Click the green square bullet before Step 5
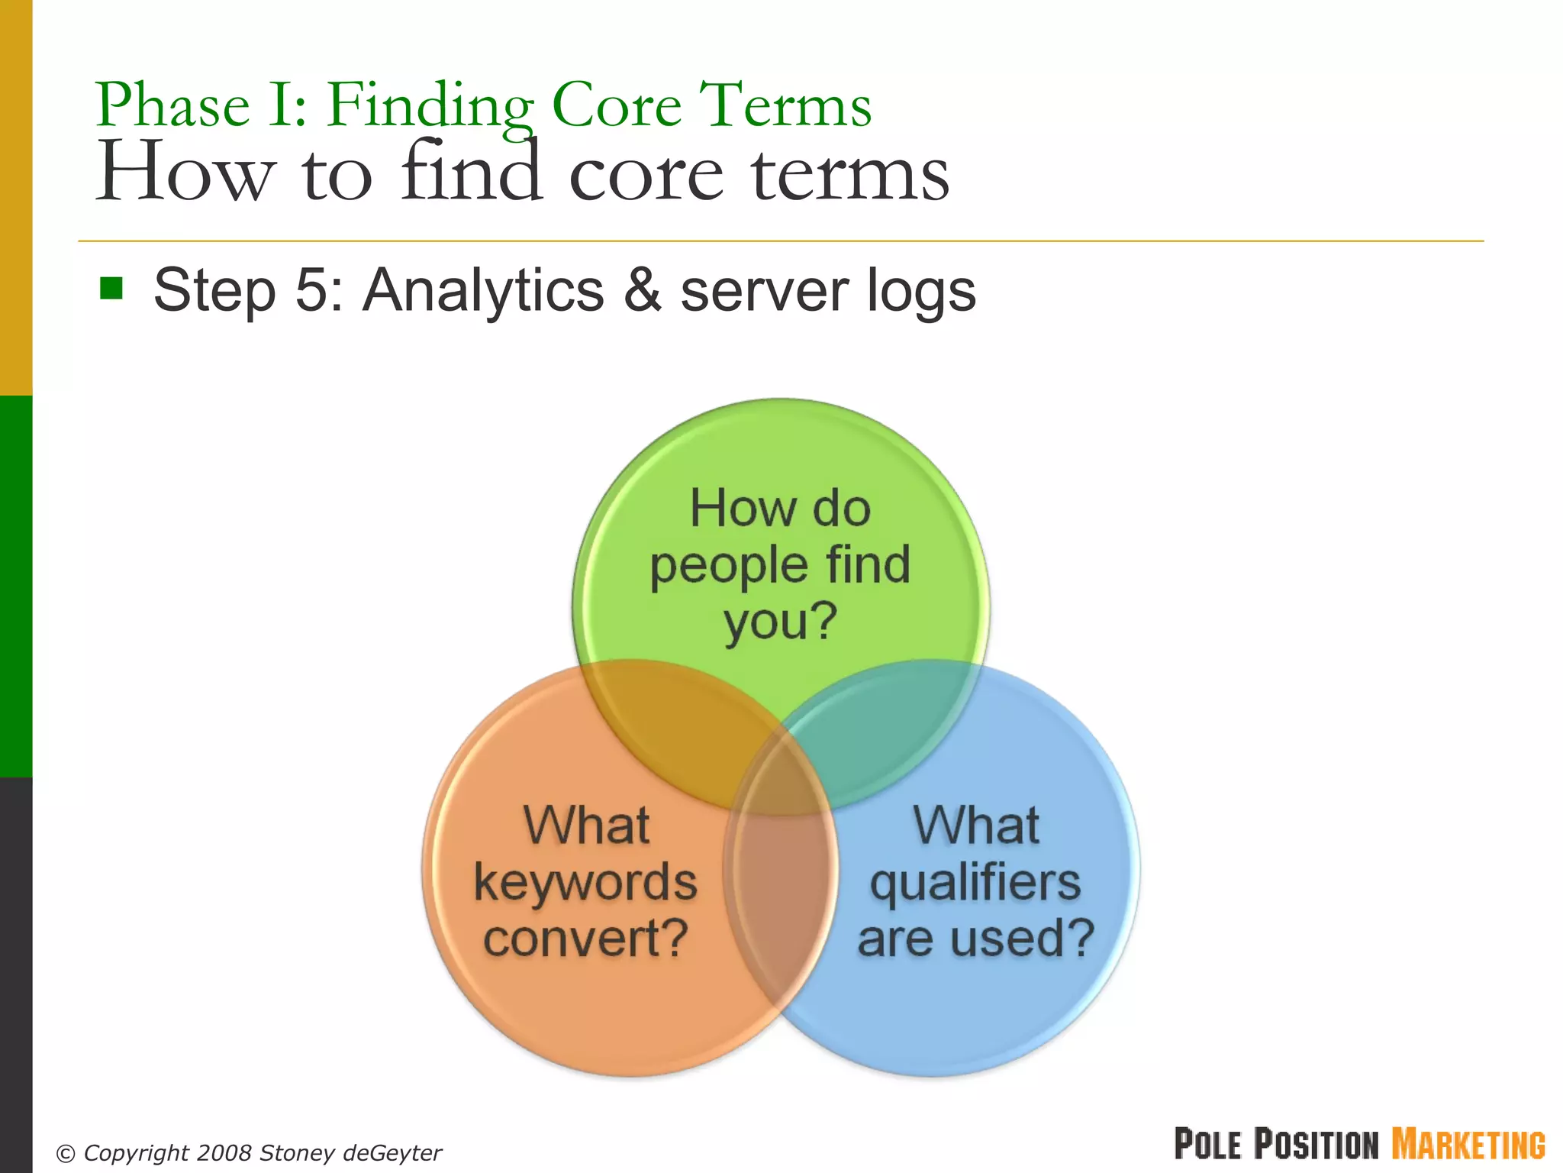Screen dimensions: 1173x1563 pyautogui.click(x=111, y=289)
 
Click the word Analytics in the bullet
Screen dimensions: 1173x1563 pyautogui.click(x=483, y=290)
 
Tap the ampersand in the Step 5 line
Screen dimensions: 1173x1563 pyautogui.click(x=642, y=290)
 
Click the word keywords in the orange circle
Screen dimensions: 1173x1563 pyautogui.click(x=585, y=882)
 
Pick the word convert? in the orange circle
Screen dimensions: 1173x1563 pyautogui.click(x=585, y=939)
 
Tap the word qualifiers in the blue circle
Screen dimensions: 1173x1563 pyautogui.click(x=975, y=882)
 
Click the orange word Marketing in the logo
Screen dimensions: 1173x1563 pyautogui.click(x=1468, y=1144)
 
